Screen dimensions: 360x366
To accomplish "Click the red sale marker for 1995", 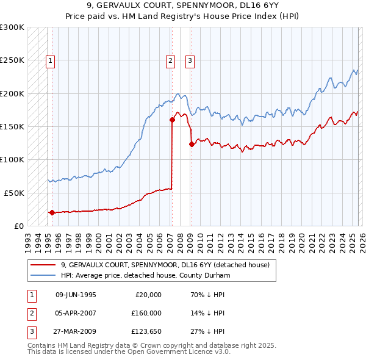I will point(52,213).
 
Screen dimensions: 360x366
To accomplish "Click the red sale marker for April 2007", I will point(172,120).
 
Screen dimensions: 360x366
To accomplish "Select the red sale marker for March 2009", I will point(192,144).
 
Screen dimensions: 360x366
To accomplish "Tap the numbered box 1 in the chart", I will point(49,60).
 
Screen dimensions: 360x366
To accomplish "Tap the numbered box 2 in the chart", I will point(170,60).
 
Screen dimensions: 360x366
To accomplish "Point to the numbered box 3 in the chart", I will point(190,60).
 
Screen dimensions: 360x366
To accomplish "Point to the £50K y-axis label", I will point(14,193).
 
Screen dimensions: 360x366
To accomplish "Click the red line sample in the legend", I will point(43,265).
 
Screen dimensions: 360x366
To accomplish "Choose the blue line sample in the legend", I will point(43,275).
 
